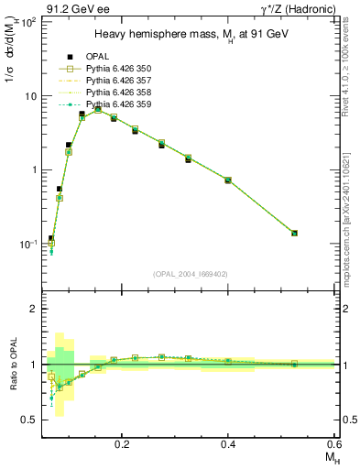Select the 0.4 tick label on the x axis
pos(228,442)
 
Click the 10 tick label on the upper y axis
pos(27,96)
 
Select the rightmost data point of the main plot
pos(294,233)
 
